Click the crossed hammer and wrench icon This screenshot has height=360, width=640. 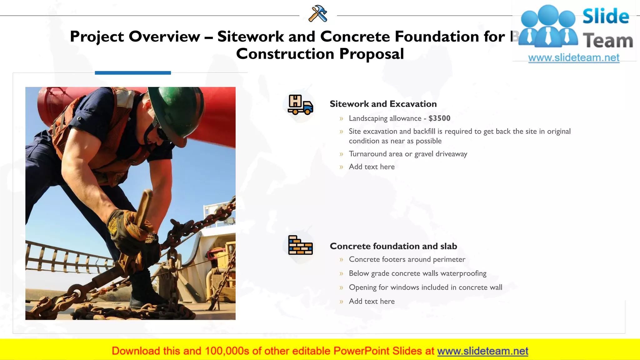pyautogui.click(x=318, y=14)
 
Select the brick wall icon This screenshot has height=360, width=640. pyautogui.click(x=300, y=245)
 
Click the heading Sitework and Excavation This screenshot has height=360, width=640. pyautogui.click(x=383, y=104)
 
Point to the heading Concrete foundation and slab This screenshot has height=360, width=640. pyautogui.click(x=393, y=246)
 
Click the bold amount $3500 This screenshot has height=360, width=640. pyautogui.click(x=439, y=118)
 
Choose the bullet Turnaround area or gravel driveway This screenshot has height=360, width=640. pyautogui.click(x=408, y=154)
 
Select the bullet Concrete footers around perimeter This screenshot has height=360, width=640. pyautogui.click(x=407, y=259)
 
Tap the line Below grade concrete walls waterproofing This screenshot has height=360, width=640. pyautogui.click(x=417, y=273)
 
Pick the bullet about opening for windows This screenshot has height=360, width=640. pyautogui.click(x=425, y=287)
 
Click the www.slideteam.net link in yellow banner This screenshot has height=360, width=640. pyautogui.click(x=482, y=351)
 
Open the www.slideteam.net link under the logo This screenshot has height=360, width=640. pyautogui.click(x=573, y=58)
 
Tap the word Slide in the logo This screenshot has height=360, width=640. pyautogui.click(x=606, y=16)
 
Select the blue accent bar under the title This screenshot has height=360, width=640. pyautogui.click(x=133, y=73)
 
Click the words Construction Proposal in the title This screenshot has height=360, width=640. pyautogui.click(x=320, y=54)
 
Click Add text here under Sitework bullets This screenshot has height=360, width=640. pyautogui.click(x=372, y=167)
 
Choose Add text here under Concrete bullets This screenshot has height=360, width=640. pyautogui.click(x=372, y=302)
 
